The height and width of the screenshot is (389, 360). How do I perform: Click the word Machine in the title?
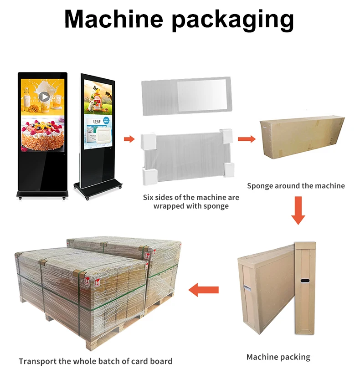(x=114, y=19)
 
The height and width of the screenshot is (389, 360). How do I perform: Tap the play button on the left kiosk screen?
(x=44, y=96)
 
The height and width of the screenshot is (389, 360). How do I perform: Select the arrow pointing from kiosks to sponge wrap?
(x=129, y=139)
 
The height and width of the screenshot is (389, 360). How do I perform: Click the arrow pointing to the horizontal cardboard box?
(x=247, y=138)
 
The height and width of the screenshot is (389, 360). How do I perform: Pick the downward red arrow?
(x=298, y=210)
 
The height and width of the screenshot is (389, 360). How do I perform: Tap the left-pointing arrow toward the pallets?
(x=204, y=289)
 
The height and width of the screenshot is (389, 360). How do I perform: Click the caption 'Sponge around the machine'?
(x=296, y=186)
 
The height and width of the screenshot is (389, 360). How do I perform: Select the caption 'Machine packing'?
(x=278, y=357)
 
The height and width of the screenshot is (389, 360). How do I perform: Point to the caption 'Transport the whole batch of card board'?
(x=96, y=361)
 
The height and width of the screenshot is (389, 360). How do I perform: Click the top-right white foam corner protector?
(x=227, y=135)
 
